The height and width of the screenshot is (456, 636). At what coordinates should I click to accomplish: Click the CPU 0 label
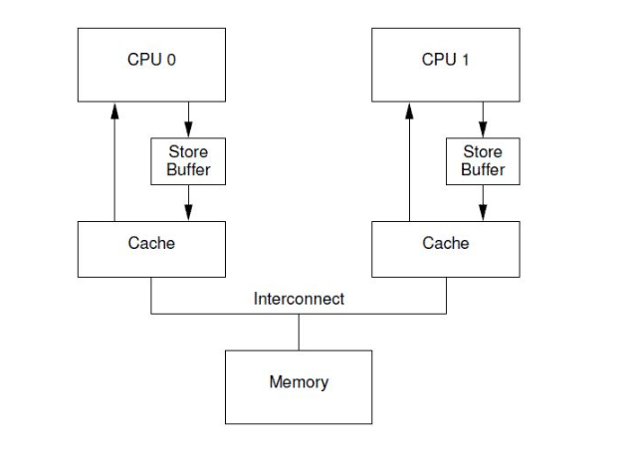coord(151,60)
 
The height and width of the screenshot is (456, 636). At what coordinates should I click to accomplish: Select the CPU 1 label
coord(445,60)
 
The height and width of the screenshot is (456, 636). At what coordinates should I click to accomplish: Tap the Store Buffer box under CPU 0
coord(188,161)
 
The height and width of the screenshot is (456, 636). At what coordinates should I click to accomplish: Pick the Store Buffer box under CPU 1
coord(483,161)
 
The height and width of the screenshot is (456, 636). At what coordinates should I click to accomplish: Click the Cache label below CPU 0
coord(151,243)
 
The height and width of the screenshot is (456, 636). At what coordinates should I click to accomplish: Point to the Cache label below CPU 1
coord(445,243)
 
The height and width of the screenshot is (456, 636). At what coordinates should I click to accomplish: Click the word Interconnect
coord(299,299)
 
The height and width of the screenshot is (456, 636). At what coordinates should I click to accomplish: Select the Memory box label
coord(299,382)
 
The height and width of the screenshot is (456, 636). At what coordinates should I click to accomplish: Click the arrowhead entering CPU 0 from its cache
coord(114,111)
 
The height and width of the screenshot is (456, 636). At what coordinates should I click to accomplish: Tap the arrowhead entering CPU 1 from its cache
coord(409,111)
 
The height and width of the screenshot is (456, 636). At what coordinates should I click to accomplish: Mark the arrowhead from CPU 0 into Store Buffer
coord(188,129)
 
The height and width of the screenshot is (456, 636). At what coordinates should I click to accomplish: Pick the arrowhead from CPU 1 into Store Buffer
coord(483,129)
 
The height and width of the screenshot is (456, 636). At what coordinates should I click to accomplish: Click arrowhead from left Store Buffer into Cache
coord(188,213)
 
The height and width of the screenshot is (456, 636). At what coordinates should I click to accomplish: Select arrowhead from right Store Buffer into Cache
coord(483,213)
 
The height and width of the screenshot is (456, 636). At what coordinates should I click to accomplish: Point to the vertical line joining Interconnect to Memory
coord(299,333)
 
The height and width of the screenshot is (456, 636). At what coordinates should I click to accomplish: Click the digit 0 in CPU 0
coord(171,60)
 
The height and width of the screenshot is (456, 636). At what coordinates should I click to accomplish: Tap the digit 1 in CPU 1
coord(465,60)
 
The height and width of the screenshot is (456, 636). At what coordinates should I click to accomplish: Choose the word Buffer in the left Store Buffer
coord(188,169)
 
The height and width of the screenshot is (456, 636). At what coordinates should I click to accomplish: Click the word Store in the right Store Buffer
coord(483,151)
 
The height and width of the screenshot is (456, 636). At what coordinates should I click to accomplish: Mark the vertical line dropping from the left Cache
coord(151,296)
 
